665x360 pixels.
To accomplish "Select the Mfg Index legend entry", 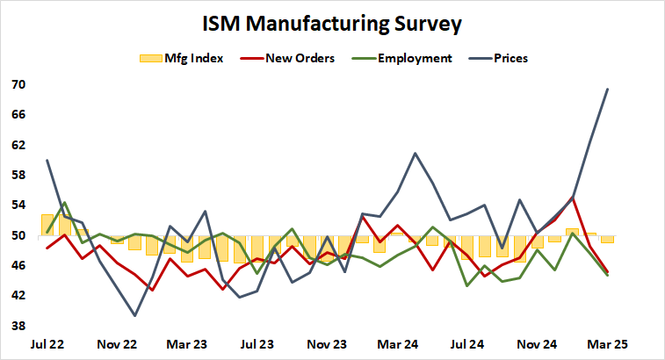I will click(x=181, y=58).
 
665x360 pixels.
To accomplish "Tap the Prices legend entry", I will click(x=509, y=58).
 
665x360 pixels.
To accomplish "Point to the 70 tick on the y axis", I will click(x=18, y=85).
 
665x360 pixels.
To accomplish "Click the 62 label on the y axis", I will click(x=18, y=145).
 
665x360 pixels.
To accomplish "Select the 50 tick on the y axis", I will click(x=18, y=235).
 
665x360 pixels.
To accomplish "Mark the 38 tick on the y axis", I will click(x=18, y=326).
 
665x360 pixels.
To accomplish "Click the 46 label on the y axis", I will click(x=18, y=265).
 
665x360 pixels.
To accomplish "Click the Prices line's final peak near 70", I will click(x=608, y=89).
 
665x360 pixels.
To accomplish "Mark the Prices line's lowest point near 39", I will click(x=135, y=315).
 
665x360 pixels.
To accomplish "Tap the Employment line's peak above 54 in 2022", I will click(x=65, y=202).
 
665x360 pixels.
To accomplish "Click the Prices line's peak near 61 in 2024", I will click(x=415, y=153).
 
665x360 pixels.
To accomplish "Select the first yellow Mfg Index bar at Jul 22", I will click(x=47, y=225).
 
